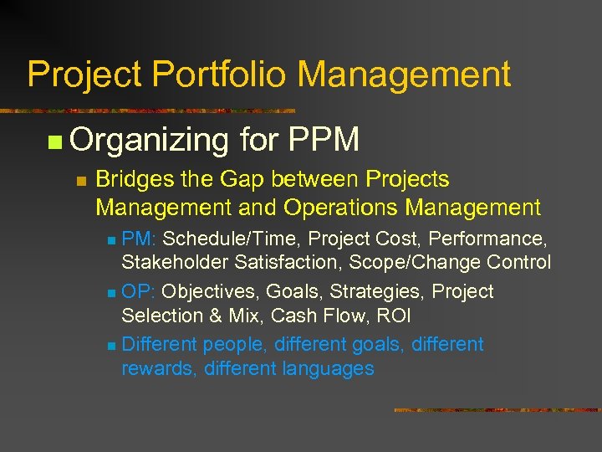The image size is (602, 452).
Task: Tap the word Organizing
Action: point(150,140)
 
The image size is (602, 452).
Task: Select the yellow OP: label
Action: point(140,291)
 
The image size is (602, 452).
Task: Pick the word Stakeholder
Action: point(176,263)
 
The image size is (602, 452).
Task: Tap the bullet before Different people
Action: point(112,345)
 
